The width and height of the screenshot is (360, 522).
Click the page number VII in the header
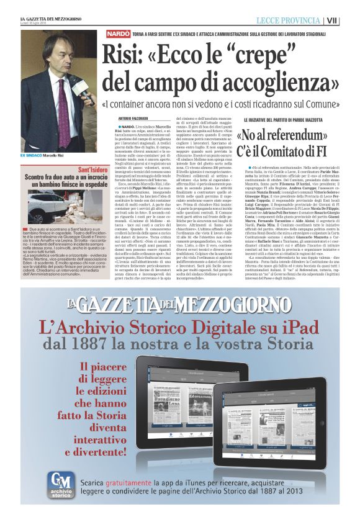tap(349, 20)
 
